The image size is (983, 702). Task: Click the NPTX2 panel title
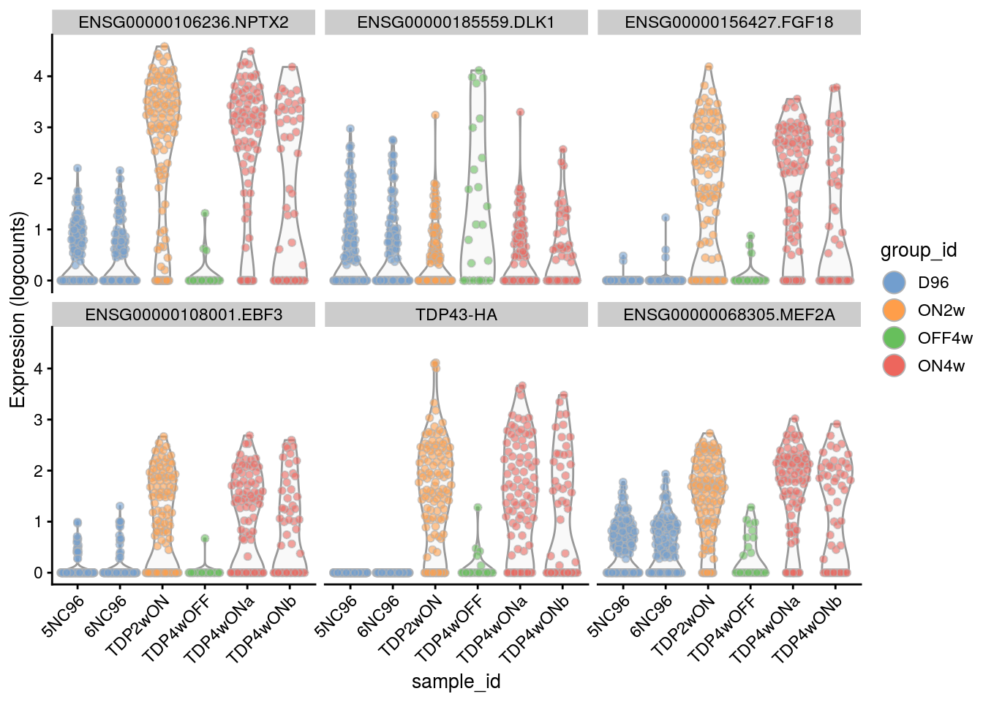tap(184, 23)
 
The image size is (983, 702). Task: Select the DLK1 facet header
tap(456, 23)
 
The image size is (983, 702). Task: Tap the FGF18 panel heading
tap(728, 23)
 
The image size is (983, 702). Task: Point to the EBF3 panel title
tap(184, 315)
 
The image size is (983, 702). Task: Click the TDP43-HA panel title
tap(456, 315)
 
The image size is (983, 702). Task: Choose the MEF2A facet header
tap(728, 315)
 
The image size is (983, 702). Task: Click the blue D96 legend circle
tap(895, 282)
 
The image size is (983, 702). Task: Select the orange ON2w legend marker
tap(895, 310)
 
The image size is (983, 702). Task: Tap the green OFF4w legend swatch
tap(895, 338)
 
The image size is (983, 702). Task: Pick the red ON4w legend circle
tap(895, 366)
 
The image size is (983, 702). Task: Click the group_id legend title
tap(919, 251)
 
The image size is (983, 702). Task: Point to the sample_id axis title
tap(456, 682)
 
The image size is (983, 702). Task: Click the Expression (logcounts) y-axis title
tap(18, 309)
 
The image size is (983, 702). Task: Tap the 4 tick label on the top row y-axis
tap(38, 76)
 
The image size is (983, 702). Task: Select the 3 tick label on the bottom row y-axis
tap(38, 420)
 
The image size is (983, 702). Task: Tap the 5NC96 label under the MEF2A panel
tap(609, 616)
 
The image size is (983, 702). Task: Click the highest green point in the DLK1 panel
tap(479, 71)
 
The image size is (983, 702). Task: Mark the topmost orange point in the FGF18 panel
tap(708, 67)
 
